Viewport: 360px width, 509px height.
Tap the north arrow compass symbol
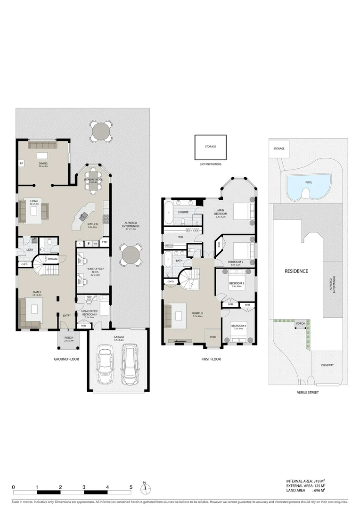[145, 486]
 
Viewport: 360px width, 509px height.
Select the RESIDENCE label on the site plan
[296, 271]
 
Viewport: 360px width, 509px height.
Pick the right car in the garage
[130, 363]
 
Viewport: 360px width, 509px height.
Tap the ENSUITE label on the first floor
[183, 212]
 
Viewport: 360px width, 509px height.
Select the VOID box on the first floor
[213, 337]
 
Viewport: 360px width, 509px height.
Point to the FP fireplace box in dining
[22, 164]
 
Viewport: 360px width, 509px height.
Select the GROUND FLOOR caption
[66, 359]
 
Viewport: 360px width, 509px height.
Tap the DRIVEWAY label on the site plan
[327, 365]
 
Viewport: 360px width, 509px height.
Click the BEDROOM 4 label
[237, 326]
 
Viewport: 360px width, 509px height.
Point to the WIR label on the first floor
[180, 237]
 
